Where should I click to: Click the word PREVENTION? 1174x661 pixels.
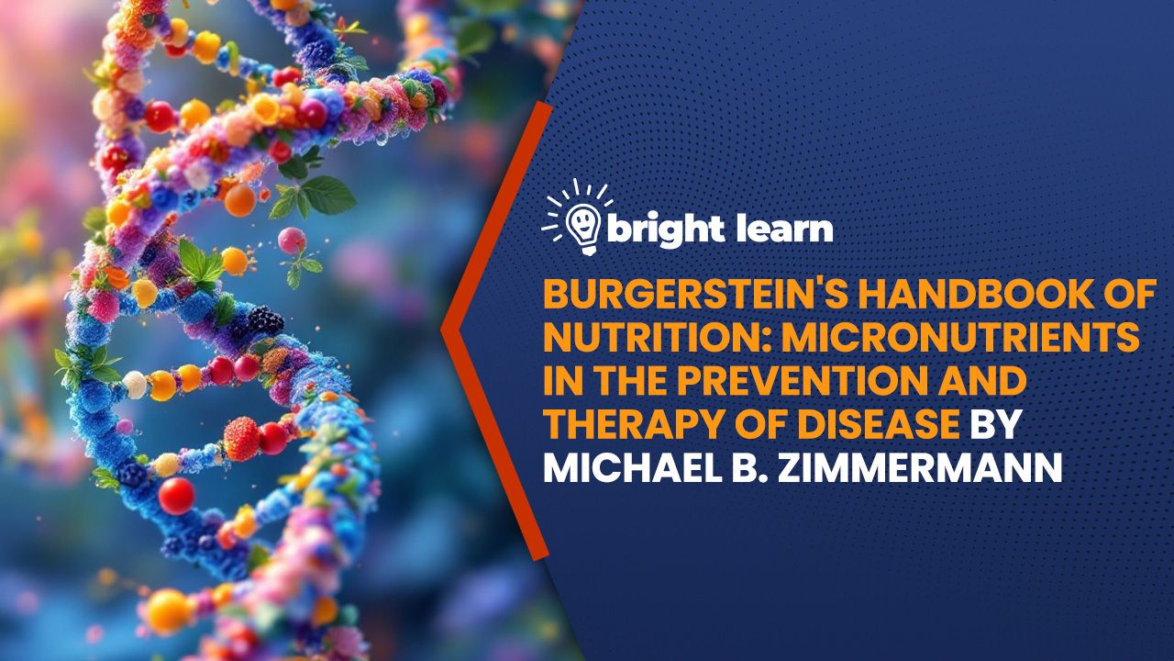click(x=817, y=380)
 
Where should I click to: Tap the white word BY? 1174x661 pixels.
click(x=994, y=423)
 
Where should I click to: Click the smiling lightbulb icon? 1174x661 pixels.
click(x=583, y=227)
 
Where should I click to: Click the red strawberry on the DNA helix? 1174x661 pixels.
click(x=241, y=439)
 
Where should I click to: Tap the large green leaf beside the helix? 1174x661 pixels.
click(x=327, y=195)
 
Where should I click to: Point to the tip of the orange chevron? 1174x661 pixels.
click(x=442, y=330)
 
